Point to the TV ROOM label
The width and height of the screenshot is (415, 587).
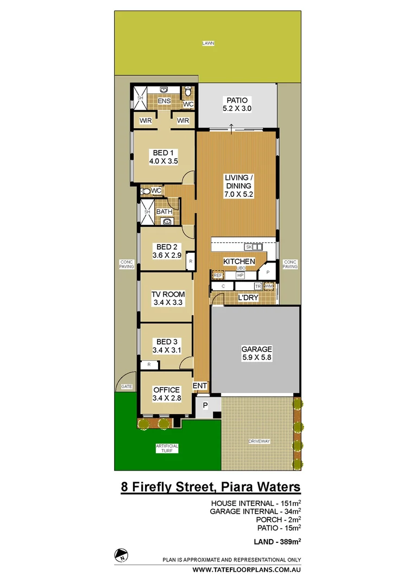[168, 298]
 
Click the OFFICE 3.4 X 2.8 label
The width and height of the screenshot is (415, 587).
[166, 394]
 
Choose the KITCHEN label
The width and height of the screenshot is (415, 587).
[240, 261]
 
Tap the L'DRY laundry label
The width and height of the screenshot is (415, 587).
[248, 298]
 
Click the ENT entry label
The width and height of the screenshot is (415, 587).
[200, 385]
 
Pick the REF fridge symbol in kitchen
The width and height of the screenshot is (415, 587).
[218, 276]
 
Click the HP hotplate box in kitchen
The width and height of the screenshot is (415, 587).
[240, 276]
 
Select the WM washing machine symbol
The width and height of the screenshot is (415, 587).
[270, 286]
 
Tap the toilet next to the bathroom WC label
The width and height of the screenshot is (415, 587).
[144, 191]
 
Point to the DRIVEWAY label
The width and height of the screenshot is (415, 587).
[259, 441]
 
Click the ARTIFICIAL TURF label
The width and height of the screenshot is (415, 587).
[167, 448]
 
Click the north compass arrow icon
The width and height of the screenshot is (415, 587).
[120, 555]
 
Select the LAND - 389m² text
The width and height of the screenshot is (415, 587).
[276, 541]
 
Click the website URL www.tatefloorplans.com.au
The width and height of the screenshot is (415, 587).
[247, 570]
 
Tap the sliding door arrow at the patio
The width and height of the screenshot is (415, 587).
[232, 128]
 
